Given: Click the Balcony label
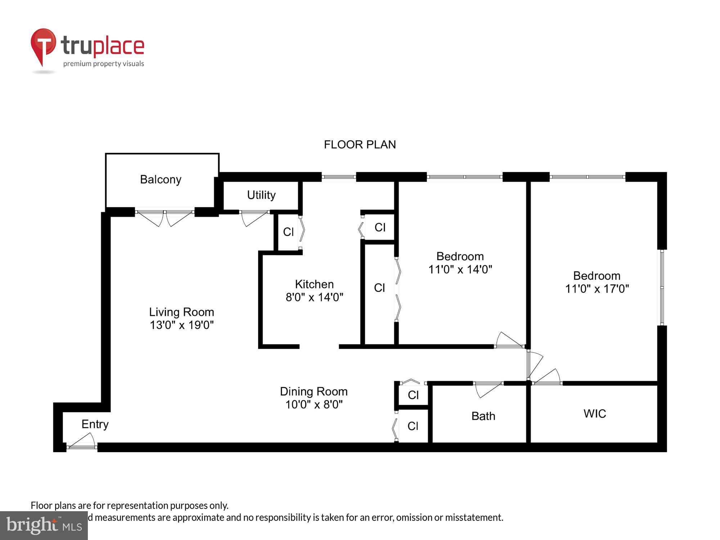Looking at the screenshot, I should (161, 179).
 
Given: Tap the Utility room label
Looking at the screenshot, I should (261, 195).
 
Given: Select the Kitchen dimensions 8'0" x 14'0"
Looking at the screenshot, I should (314, 297).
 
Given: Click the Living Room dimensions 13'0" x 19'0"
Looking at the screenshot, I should (181, 325).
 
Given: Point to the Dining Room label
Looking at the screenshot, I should (314, 391).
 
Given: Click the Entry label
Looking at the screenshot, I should (95, 424).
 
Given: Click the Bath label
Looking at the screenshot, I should (483, 416).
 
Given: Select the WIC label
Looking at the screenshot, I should (594, 414).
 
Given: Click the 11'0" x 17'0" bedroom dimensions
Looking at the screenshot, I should (597, 289).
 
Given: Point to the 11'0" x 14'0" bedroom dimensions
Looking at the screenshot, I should (460, 269).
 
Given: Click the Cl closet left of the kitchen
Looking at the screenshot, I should (288, 232).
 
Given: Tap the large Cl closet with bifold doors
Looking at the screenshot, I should (379, 288).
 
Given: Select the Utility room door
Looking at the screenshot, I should (254, 217).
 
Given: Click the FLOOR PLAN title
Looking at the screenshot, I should (360, 144).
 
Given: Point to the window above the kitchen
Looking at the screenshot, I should (338, 177).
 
